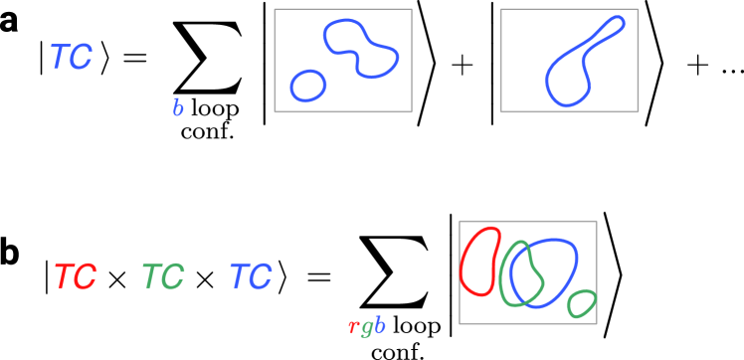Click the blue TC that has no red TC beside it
pos(71,58)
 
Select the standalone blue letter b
pos(178,108)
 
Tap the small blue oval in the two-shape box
pos(308,86)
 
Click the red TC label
pos(75,276)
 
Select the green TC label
pos(162,276)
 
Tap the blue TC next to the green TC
pos(250,276)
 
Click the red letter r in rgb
pos(353,326)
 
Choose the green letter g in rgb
pos(366,327)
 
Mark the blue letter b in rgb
pos(379,325)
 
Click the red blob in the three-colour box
pos(480,262)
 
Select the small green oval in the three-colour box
pos(581,303)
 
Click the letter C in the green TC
pos(173,276)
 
